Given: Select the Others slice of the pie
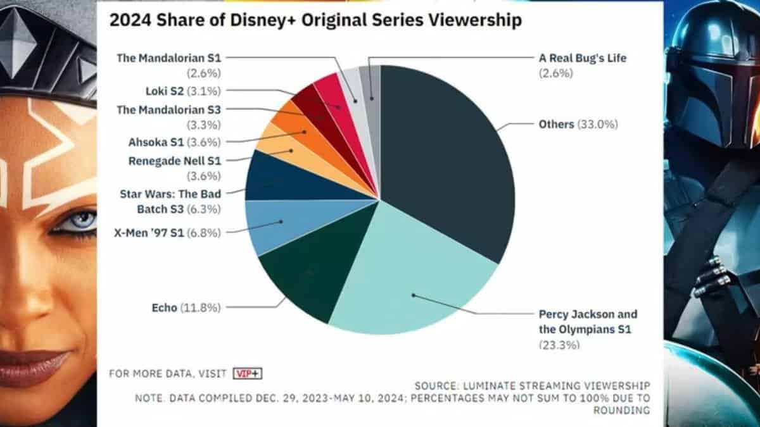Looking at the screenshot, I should click(x=443, y=158).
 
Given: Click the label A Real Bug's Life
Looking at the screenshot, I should click(x=581, y=58).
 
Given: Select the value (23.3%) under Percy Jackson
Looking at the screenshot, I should click(x=559, y=345).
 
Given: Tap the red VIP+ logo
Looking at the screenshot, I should click(x=247, y=373).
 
